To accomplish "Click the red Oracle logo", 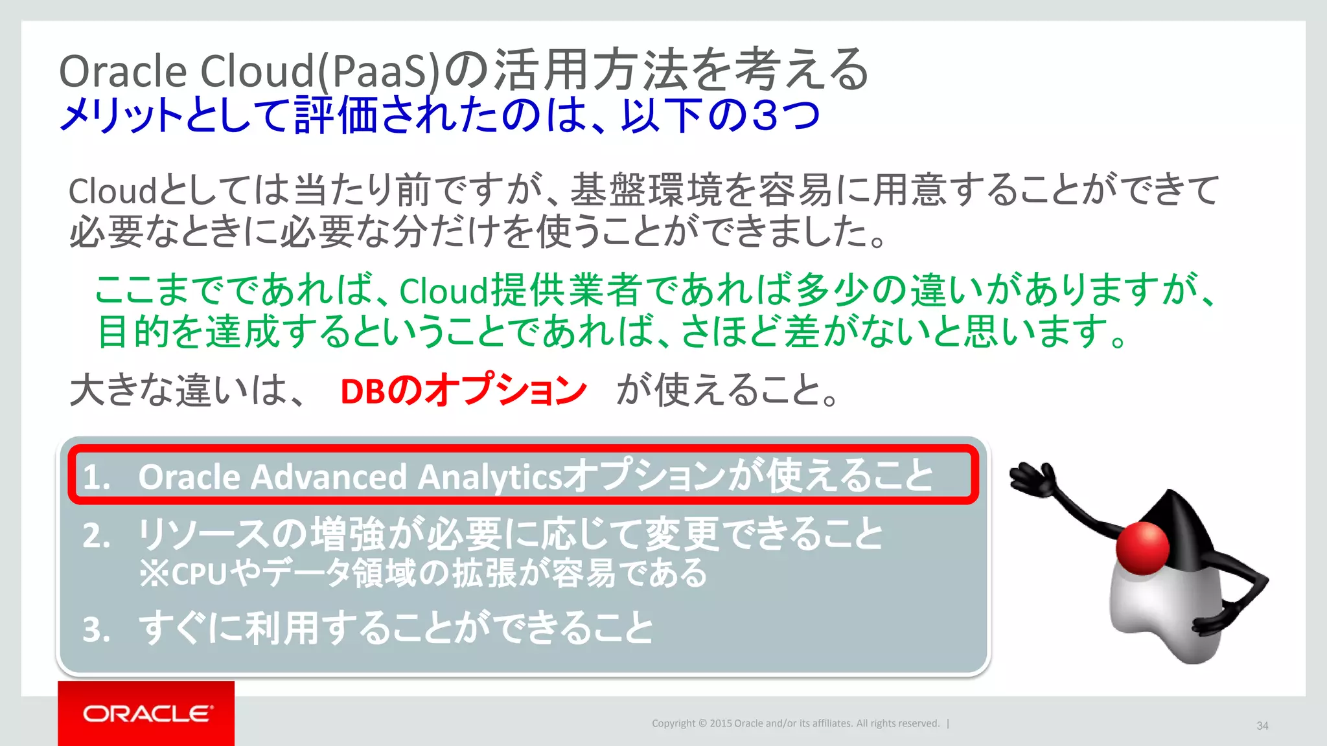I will click(x=146, y=713).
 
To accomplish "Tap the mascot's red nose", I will click(x=1142, y=548).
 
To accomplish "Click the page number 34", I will click(x=1262, y=725).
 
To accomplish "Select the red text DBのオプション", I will click(x=463, y=390).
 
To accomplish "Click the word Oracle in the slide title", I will click(x=123, y=71).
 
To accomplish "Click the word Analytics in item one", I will click(x=490, y=477).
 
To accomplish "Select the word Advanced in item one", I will click(x=329, y=477).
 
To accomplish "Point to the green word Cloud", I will click(x=443, y=291).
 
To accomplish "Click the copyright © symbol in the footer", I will click(x=702, y=723).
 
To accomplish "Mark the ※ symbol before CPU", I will click(x=154, y=574).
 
